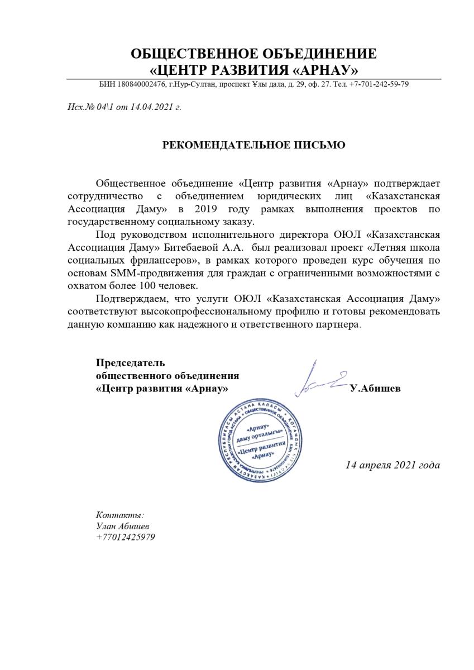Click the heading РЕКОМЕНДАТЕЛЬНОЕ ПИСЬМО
[253, 145]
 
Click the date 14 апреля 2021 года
[392, 465]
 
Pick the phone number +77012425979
[126, 537]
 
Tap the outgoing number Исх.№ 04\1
[87, 107]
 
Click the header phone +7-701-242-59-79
[379, 84]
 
